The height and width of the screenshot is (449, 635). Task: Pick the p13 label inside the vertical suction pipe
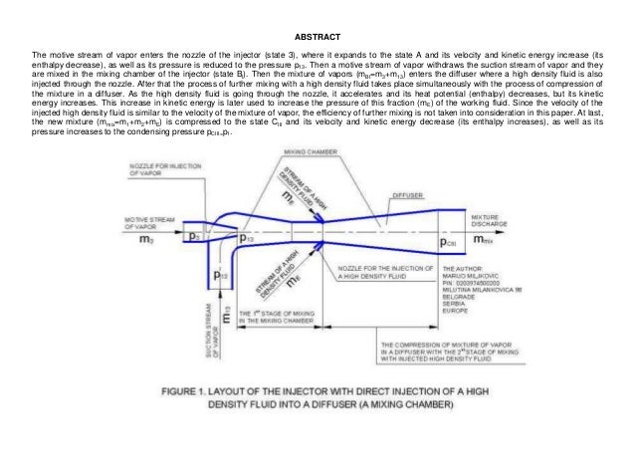tap(221, 276)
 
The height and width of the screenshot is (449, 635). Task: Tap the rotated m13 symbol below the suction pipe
tap(227, 318)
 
